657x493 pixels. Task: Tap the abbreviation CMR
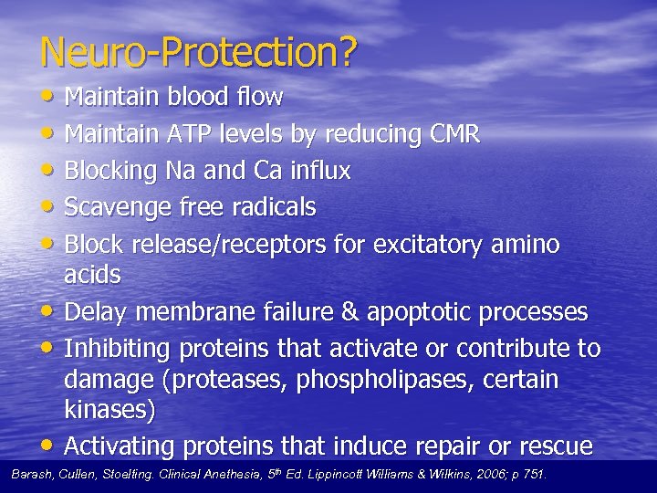click(x=454, y=134)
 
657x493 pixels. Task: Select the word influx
click(x=318, y=171)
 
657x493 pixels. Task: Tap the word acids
click(x=92, y=274)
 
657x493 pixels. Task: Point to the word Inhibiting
click(x=117, y=349)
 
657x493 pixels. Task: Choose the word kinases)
click(x=109, y=410)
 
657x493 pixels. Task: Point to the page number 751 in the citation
click(x=532, y=475)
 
